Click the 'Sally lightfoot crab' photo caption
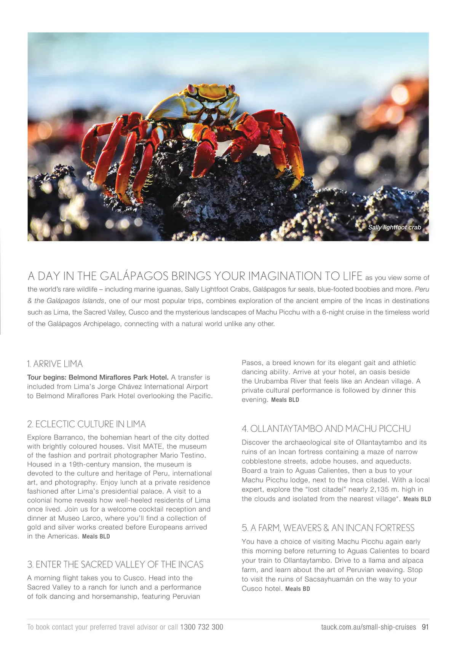[x=395, y=227]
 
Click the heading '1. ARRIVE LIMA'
[x=55, y=364]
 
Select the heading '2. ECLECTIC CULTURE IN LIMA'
[x=86, y=424]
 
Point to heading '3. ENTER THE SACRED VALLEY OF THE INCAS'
[x=115, y=564]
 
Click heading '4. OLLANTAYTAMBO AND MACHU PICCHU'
[x=326, y=429]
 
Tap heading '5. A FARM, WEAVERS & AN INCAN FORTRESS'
[x=328, y=528]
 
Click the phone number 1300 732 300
[x=201, y=627]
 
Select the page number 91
[x=425, y=627]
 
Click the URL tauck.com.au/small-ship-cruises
[x=368, y=627]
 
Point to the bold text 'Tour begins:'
[x=46, y=378]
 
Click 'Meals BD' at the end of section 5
[x=297, y=589]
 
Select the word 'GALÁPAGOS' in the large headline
[x=129, y=276]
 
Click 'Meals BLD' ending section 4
[x=417, y=499]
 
